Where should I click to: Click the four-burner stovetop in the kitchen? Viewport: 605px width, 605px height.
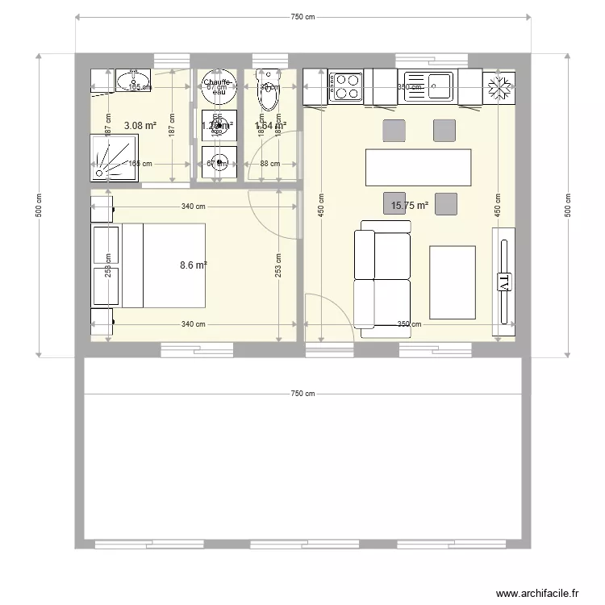tap(346, 86)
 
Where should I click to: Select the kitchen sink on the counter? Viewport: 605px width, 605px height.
tap(440, 86)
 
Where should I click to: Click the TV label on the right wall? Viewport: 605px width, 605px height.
tap(504, 282)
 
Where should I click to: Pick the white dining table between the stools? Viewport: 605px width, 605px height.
tap(418, 168)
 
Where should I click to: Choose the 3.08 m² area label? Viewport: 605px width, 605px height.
tap(140, 125)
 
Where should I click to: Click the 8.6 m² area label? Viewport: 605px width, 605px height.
tap(194, 264)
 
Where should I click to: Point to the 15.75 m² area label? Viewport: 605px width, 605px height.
tap(409, 206)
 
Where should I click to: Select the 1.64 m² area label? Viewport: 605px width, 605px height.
tap(270, 125)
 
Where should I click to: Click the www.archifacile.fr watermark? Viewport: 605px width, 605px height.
tap(538, 593)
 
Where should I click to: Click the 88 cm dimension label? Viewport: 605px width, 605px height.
tap(269, 164)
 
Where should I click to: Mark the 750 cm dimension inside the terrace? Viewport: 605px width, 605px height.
tap(303, 394)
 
